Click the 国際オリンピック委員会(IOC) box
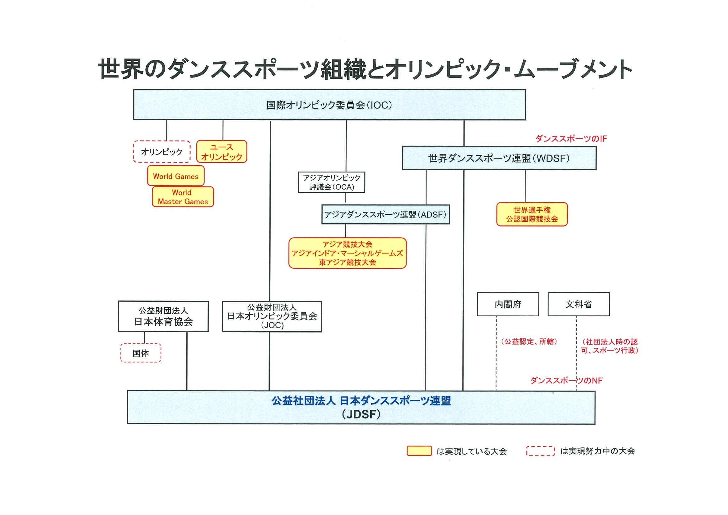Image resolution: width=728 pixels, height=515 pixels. pyautogui.click(x=329, y=105)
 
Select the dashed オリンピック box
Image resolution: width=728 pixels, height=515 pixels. pyautogui.click(x=162, y=152)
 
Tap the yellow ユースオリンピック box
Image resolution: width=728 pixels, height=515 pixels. pyautogui.click(x=222, y=152)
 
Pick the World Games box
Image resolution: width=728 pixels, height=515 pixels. pyautogui.click(x=176, y=176)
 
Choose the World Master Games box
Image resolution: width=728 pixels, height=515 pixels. pyautogui.click(x=183, y=197)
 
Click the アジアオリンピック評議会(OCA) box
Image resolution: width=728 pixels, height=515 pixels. pyautogui.click(x=332, y=182)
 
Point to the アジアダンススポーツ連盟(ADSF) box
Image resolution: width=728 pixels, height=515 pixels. pyautogui.click(x=385, y=215)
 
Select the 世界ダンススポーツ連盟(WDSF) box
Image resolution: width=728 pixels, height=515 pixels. pyautogui.click(x=499, y=158)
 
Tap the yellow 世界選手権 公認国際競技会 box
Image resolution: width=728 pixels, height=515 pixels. pyautogui.click(x=532, y=215)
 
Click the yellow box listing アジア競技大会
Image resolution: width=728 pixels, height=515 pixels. pyautogui.click(x=348, y=253)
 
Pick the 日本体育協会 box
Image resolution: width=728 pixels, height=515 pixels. pyautogui.click(x=163, y=317)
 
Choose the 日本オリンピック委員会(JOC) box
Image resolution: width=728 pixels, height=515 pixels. pyautogui.click(x=272, y=317)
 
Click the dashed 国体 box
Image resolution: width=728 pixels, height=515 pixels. pyautogui.click(x=141, y=353)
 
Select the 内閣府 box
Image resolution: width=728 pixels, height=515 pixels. pyautogui.click(x=508, y=304)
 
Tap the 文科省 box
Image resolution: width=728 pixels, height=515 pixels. pyautogui.click(x=579, y=304)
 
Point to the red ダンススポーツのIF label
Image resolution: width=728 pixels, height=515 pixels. pyautogui.click(x=571, y=139)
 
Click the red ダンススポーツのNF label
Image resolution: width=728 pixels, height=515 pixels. pyautogui.click(x=566, y=380)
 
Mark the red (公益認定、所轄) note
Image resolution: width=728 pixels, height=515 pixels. pyautogui.click(x=529, y=342)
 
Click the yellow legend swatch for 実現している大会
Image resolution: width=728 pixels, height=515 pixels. pyautogui.click(x=419, y=451)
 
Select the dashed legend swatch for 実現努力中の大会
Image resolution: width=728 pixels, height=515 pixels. pyautogui.click(x=540, y=451)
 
